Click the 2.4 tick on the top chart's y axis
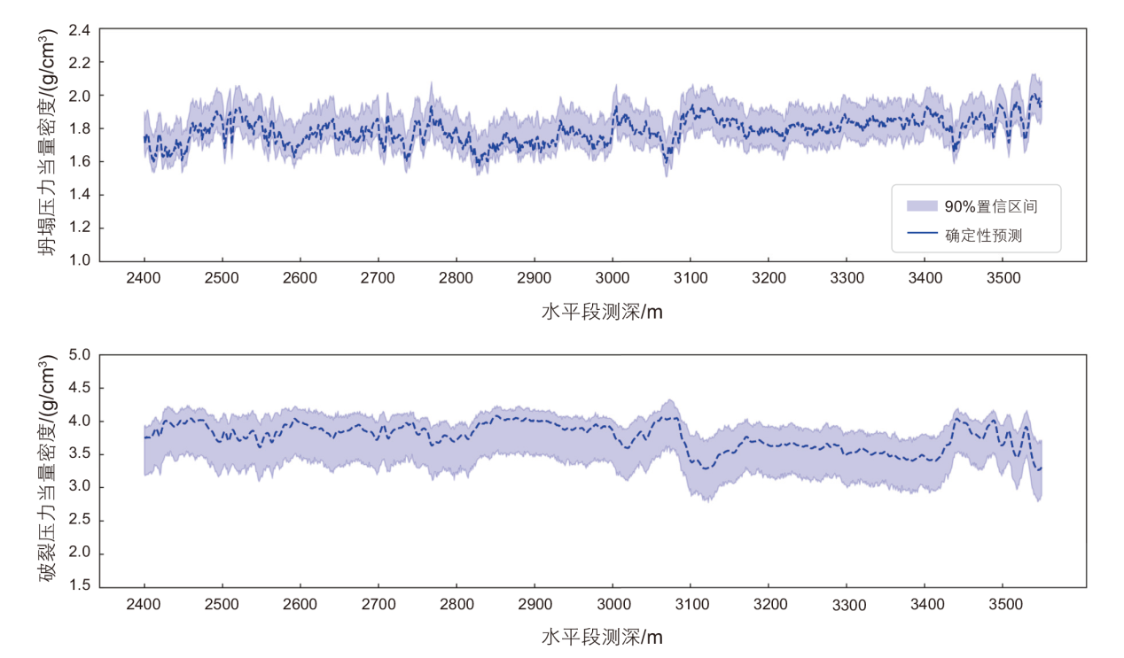[x=80, y=29]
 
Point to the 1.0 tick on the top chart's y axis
[x=80, y=260]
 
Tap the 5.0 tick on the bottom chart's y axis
[x=80, y=355]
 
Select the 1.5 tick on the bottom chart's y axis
[x=80, y=586]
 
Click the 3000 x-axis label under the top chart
[x=613, y=278]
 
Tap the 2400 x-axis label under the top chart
[x=144, y=278]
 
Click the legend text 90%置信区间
[x=992, y=206]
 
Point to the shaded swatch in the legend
[x=922, y=206]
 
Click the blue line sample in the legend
[x=922, y=235]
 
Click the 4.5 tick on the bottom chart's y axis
[x=80, y=388]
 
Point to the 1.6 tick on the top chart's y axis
[x=80, y=161]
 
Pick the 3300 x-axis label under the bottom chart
[x=849, y=605]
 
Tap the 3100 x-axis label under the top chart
[x=691, y=278]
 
